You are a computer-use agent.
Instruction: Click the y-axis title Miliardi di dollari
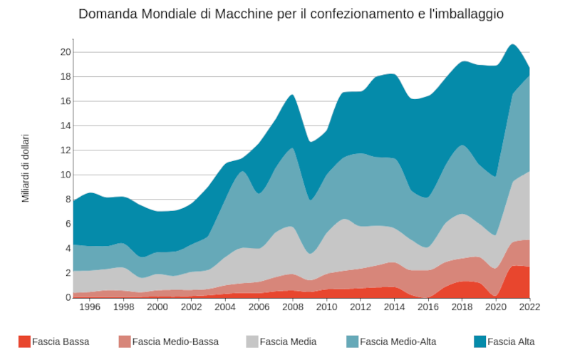coord(26,168)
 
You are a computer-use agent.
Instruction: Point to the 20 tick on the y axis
coord(65,52)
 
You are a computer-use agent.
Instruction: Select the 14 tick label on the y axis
coord(65,126)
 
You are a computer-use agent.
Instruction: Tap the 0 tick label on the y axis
coord(67,297)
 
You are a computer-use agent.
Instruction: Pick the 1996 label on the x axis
coord(90,307)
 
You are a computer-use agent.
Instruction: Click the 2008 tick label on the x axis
coord(292,307)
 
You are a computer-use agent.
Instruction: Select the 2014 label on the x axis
coord(394,307)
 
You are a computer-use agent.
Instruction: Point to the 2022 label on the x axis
coord(529,307)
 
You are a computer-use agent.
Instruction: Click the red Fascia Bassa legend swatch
coord(24,341)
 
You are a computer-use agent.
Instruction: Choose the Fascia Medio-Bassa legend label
coord(175,341)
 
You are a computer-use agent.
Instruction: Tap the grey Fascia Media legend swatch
coord(252,341)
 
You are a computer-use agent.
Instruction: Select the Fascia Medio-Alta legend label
coord(398,341)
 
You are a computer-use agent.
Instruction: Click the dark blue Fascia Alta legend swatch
coord(480,341)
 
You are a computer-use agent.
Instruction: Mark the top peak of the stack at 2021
coord(512,44)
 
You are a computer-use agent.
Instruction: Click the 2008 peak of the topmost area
coord(292,95)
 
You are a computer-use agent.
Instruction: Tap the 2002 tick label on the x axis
coord(191,307)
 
